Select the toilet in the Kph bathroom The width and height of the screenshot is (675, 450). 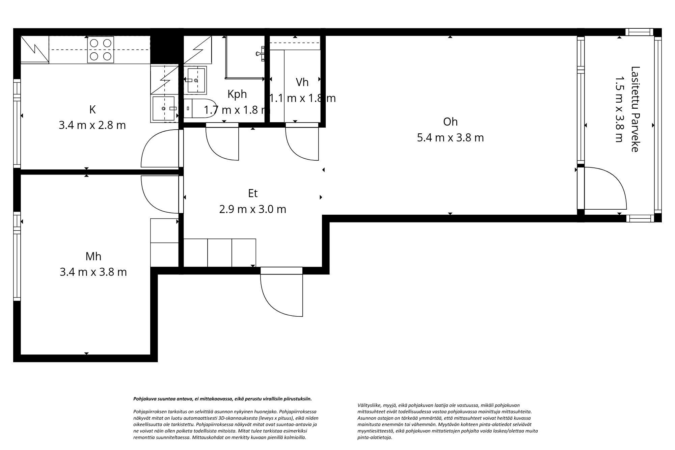pos(201,108)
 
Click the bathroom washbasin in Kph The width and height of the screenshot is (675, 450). pos(196,80)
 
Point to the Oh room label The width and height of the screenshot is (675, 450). pos(450,122)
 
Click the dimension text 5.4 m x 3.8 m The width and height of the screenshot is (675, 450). pos(450,138)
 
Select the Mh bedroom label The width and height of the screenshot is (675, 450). pos(93,257)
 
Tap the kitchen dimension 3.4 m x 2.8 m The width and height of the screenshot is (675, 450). pos(92,125)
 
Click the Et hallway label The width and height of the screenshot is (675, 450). pos(253,193)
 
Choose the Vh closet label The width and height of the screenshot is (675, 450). pos(302,82)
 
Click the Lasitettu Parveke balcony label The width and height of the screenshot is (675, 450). pos(635,109)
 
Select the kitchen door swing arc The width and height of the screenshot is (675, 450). pos(159,149)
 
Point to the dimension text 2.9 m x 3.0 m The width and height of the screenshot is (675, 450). pos(253,209)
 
